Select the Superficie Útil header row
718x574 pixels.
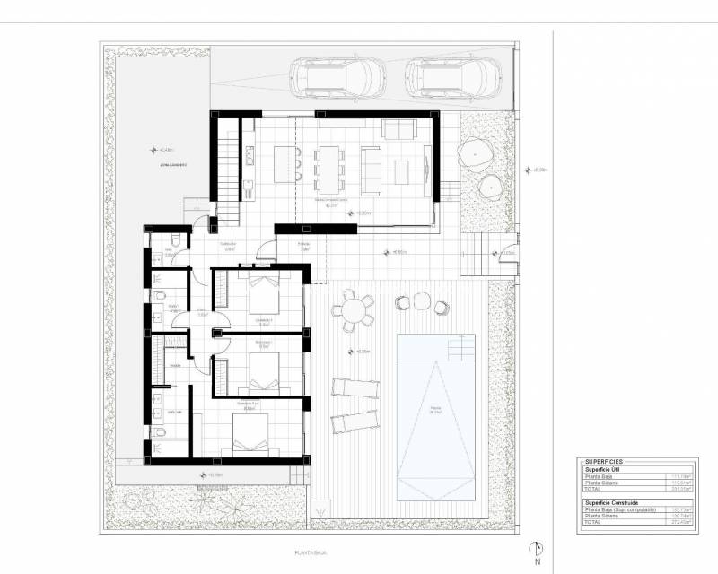(x=605, y=469)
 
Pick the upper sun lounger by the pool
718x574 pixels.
(x=355, y=387)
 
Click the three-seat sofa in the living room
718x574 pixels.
(x=370, y=169)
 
